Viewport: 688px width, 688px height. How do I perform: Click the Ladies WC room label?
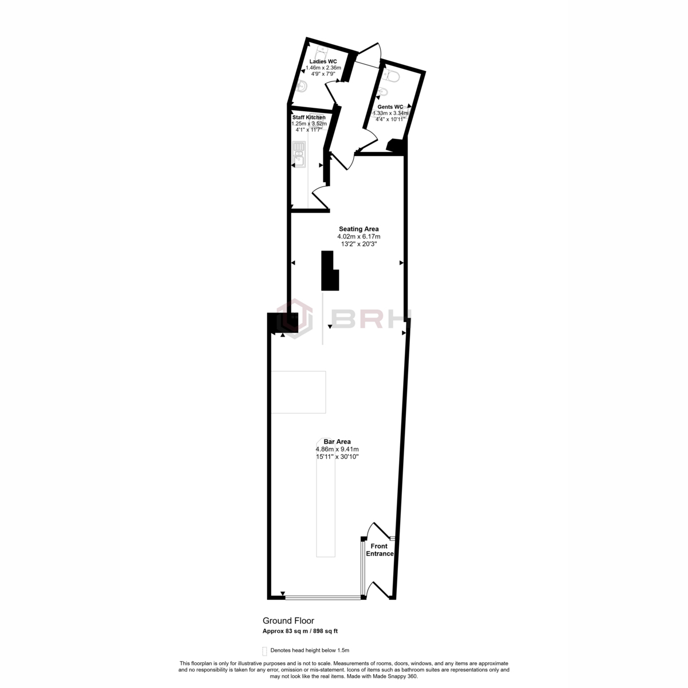point(323,61)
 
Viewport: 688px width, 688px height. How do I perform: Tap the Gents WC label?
point(390,107)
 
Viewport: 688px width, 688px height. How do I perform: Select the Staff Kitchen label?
point(309,118)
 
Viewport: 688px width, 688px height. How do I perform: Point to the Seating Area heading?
point(358,229)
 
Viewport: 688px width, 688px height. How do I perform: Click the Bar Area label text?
point(337,441)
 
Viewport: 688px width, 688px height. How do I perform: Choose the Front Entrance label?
point(379,550)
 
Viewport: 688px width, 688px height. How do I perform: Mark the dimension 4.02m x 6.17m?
point(358,236)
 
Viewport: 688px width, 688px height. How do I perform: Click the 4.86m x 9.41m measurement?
point(337,449)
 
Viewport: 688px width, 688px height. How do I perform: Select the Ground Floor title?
point(288,620)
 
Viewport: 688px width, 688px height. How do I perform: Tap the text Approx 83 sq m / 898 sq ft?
point(300,631)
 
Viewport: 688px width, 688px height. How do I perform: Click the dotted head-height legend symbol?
point(264,650)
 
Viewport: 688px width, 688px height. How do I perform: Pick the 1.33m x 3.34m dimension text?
point(390,114)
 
